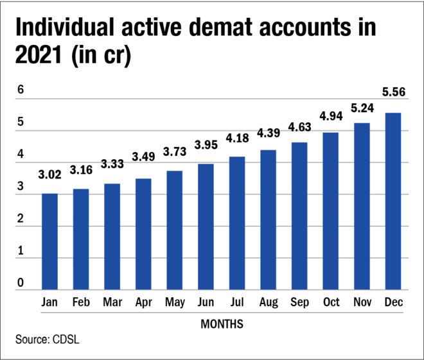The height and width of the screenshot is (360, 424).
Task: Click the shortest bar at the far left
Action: (x=49, y=241)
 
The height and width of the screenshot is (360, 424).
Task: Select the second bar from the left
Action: (x=81, y=239)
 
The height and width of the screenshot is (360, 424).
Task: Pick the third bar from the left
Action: (x=112, y=236)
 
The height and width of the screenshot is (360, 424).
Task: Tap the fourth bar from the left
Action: (x=143, y=234)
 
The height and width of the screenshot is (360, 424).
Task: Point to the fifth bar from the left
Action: (x=175, y=230)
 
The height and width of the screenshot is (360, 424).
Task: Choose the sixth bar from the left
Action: (x=206, y=227)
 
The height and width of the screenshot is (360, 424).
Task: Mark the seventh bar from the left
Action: (x=237, y=223)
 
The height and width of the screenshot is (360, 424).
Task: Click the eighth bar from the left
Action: (x=269, y=219)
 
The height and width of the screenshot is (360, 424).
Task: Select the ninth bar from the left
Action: (x=299, y=216)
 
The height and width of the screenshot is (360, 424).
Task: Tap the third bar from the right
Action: (x=331, y=211)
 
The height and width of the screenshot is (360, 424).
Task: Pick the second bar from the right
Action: (x=362, y=206)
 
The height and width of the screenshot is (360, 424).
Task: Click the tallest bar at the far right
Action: (x=393, y=201)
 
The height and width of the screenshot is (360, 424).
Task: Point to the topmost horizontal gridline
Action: (x=212, y=99)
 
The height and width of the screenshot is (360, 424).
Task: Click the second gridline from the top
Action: (x=161, y=130)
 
